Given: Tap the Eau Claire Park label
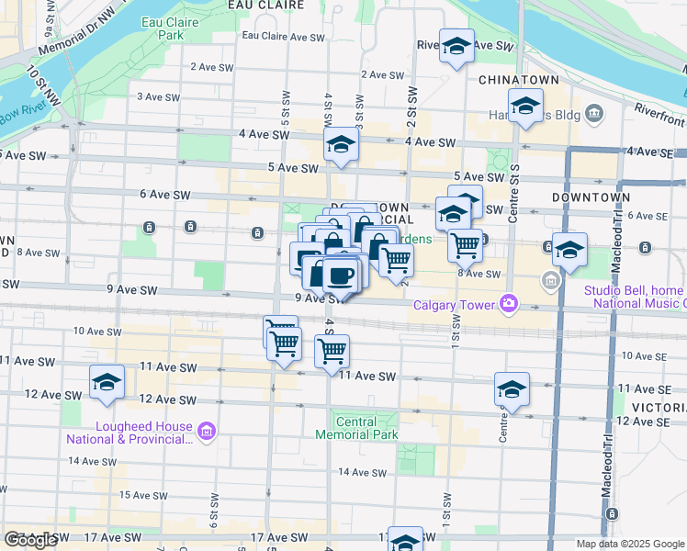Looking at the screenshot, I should [x=163, y=28].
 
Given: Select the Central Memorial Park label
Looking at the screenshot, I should [x=356, y=427].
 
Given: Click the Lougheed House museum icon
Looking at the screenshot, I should [x=206, y=430].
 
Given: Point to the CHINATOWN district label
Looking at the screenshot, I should [x=519, y=80].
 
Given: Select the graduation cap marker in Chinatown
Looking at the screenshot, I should [x=525, y=107].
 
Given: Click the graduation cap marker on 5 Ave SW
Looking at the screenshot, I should [x=341, y=145].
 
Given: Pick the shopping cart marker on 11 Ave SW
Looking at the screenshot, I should [x=332, y=351].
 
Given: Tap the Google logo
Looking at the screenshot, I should [x=30, y=540].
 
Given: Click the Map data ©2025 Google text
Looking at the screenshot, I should [x=630, y=544].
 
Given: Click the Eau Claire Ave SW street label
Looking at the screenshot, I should [x=283, y=38].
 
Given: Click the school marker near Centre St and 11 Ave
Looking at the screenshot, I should [x=512, y=388].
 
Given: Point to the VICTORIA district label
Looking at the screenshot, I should [x=659, y=406].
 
